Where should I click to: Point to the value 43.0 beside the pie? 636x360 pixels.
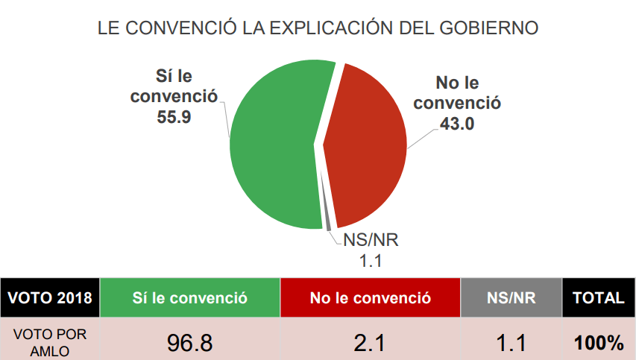pos(456,124)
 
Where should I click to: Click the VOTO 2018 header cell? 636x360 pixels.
pos(49,298)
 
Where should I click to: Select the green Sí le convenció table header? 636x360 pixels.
pos(189,298)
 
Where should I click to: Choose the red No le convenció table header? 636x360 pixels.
pos(371,298)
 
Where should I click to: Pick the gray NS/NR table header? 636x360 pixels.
pos(511,298)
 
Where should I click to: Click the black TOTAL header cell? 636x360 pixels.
pos(598,298)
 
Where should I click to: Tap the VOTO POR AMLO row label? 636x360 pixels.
pos(49,342)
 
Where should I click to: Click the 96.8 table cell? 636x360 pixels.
pos(189,343)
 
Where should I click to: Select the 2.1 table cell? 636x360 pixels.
pos(371,343)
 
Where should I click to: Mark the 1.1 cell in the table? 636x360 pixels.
pos(511,343)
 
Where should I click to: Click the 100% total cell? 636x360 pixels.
pos(598,343)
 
